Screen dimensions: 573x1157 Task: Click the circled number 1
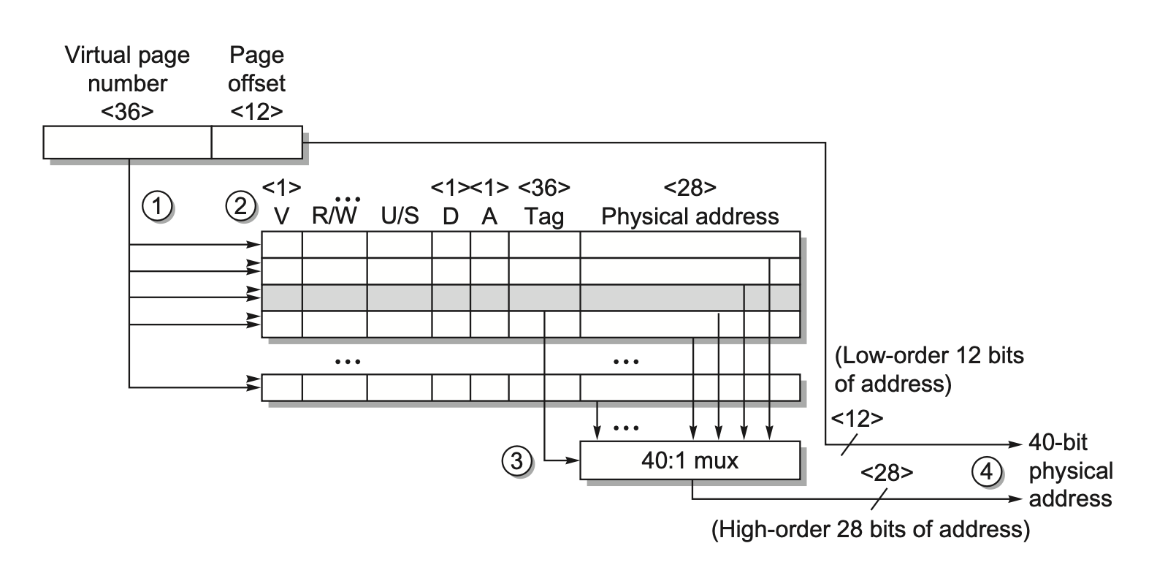[156, 207]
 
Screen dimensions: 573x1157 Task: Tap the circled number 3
[516, 461]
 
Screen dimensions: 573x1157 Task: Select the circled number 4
[986, 471]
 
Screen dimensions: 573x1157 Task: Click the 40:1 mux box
[690, 460]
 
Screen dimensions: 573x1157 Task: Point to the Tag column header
[544, 217]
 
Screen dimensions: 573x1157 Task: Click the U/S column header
[400, 217]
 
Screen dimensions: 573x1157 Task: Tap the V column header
[281, 217]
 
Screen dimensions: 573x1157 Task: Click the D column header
[451, 217]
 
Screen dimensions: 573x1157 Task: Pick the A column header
[489, 217]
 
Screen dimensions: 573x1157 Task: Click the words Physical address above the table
[690, 217]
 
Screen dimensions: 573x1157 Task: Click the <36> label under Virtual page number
[128, 111]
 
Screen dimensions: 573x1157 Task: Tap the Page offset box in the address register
[256, 143]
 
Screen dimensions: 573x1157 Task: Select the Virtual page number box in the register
[127, 143]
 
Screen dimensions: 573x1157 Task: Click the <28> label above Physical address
[690, 189]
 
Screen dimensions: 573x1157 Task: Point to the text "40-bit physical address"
[1070, 471]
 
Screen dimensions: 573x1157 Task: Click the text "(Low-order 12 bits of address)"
[929, 370]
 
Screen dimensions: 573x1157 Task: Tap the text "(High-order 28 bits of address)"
[871, 529]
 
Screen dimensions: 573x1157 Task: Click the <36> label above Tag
[544, 189]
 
